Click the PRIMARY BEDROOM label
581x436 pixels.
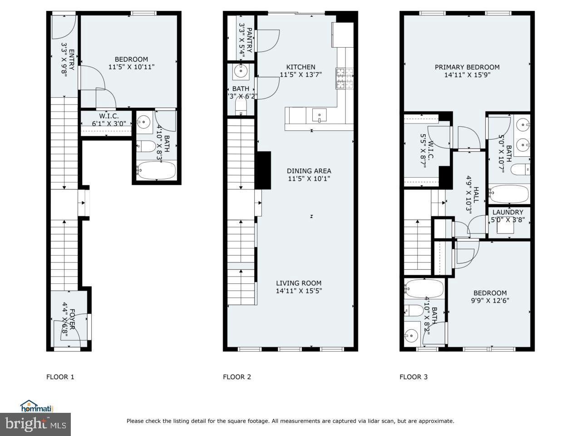[x=467, y=67]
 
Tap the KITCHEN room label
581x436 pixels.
[x=297, y=67]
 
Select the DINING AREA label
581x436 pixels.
[x=309, y=171]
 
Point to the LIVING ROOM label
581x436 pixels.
[x=299, y=283]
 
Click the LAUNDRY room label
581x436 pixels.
[x=507, y=212]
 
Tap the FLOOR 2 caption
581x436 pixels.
[x=237, y=377]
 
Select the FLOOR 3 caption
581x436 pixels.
[x=414, y=377]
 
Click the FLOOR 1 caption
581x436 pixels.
[x=60, y=377]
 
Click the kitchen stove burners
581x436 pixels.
[x=340, y=78]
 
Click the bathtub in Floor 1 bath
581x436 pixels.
[x=156, y=171]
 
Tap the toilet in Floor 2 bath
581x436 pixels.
[x=240, y=107]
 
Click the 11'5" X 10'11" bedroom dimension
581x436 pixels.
[x=131, y=67]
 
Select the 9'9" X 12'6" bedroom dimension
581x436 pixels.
[x=490, y=300]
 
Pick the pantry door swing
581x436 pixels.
[x=267, y=40]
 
